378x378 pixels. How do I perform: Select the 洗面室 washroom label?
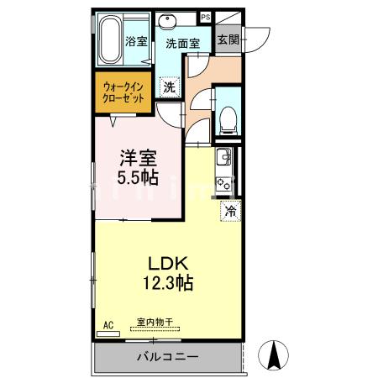point(181,44)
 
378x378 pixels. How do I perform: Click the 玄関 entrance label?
point(227,39)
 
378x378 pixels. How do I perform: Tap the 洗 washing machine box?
point(170,86)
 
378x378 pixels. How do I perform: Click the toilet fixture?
point(227,118)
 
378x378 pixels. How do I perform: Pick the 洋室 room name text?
point(137,157)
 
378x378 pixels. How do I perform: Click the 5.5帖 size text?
point(137,177)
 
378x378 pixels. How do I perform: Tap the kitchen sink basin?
point(225,157)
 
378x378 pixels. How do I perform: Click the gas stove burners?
point(225,182)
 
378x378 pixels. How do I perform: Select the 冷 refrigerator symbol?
point(229,212)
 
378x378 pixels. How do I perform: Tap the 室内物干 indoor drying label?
point(155,322)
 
